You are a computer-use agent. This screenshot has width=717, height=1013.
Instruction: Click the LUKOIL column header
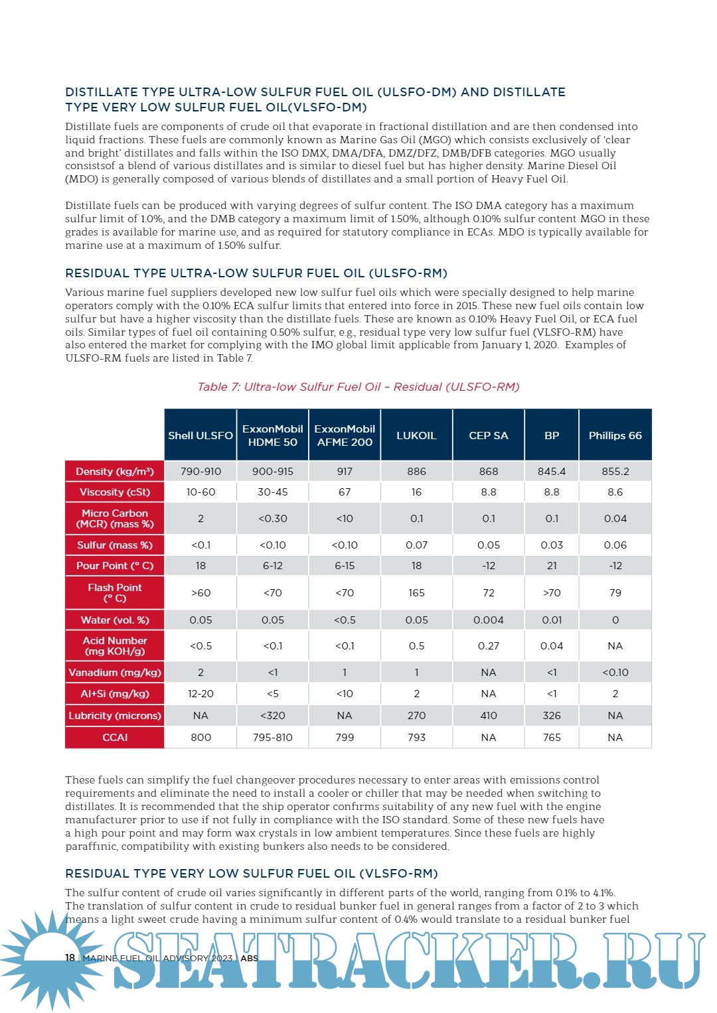tap(416, 435)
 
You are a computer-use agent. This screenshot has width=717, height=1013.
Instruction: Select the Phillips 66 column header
tap(615, 435)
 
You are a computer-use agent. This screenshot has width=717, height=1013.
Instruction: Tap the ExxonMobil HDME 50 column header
tap(272, 435)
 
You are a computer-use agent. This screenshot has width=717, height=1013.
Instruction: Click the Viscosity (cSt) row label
tap(115, 492)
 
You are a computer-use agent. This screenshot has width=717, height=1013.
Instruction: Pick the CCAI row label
tap(115, 737)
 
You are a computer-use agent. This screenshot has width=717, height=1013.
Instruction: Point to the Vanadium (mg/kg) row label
tap(115, 672)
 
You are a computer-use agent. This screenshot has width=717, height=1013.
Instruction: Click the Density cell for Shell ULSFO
tap(200, 471)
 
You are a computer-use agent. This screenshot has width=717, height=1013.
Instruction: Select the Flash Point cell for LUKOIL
tap(416, 592)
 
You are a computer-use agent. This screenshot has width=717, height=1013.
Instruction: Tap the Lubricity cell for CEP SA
tap(489, 715)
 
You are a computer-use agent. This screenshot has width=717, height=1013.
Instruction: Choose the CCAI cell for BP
tap(552, 737)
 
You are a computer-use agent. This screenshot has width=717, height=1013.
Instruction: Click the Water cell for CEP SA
tap(489, 620)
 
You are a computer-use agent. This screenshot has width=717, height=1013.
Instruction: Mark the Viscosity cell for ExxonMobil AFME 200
tap(345, 492)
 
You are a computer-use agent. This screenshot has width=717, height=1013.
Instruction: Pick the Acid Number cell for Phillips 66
tap(615, 645)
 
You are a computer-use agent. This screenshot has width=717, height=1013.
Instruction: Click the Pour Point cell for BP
tap(552, 565)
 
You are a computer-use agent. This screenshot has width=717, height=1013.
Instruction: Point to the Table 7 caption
tap(358, 387)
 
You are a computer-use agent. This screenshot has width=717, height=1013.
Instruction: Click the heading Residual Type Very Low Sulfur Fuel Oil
tap(252, 873)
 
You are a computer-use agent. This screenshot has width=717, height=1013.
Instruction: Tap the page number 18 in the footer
tap(70, 957)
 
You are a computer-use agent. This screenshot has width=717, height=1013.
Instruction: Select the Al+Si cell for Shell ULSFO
tap(200, 693)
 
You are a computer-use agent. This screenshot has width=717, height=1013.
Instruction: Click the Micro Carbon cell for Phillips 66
tap(615, 518)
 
